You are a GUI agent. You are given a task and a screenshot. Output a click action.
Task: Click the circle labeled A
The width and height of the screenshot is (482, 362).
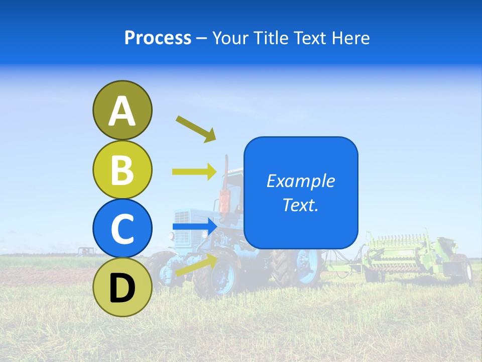(x=122, y=110)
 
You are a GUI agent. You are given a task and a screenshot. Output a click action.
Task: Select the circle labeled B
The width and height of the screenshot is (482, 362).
(x=122, y=169)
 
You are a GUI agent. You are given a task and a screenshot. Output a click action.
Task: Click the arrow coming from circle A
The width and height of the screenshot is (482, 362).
(x=196, y=129)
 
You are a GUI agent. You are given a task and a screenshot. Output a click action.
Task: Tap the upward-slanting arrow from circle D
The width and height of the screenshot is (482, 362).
(x=196, y=265)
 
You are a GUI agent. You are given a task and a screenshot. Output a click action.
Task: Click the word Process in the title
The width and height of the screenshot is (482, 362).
(x=158, y=38)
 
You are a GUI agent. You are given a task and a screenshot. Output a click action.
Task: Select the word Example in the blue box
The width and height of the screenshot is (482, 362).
(x=300, y=181)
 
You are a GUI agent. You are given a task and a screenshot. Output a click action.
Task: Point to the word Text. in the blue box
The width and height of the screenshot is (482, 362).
(x=300, y=205)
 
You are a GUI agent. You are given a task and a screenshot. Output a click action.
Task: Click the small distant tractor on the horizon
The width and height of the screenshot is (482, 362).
(x=86, y=251)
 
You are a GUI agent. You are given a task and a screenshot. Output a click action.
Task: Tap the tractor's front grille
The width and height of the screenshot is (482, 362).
(x=183, y=221)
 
